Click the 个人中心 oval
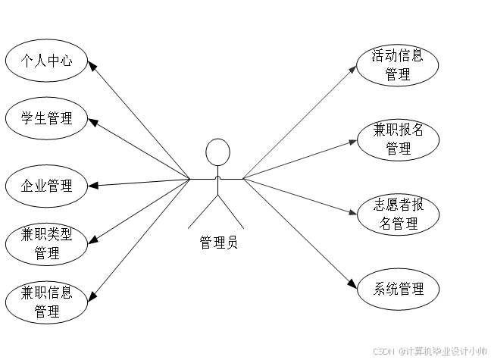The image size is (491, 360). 46,61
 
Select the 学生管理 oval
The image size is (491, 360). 46,118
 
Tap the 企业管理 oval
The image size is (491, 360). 46,186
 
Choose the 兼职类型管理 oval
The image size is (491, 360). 46,243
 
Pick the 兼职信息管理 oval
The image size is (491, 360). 46,302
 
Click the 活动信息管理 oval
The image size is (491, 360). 398,65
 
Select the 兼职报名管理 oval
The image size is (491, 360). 398,139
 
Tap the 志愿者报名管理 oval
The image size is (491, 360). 398,214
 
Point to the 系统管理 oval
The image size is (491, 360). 398,289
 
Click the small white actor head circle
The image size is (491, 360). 217,152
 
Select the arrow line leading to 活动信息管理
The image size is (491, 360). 299,122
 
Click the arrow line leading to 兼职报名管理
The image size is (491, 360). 299,159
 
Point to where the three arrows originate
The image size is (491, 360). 243,179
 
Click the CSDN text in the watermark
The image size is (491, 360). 383,351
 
